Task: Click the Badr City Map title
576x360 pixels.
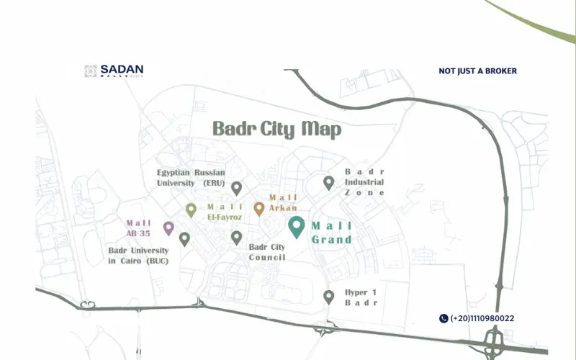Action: pyautogui.click(x=276, y=130)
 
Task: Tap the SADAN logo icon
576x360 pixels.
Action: pyautogui.click(x=91, y=71)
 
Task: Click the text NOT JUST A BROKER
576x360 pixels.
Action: pyautogui.click(x=477, y=71)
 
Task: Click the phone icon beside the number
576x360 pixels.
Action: pyautogui.click(x=444, y=318)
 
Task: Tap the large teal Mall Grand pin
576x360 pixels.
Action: pyautogui.click(x=296, y=227)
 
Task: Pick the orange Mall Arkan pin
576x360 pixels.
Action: pyautogui.click(x=259, y=209)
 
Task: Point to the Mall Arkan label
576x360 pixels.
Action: pyautogui.click(x=283, y=202)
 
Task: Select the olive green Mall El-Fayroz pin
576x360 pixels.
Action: pyautogui.click(x=191, y=210)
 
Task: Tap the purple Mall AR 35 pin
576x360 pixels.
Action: pyautogui.click(x=168, y=228)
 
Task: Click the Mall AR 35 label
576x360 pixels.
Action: pyautogui.click(x=139, y=228)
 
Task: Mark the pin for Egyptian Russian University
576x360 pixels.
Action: pyautogui.click(x=236, y=188)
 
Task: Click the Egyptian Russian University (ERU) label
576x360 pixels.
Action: pyautogui.click(x=192, y=178)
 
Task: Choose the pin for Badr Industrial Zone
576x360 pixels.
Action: pyautogui.click(x=328, y=183)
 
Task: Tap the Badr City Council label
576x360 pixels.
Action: pyautogui.click(x=267, y=252)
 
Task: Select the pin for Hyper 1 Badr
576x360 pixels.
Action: pyautogui.click(x=328, y=296)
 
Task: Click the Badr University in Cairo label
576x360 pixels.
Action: pyautogui.click(x=138, y=256)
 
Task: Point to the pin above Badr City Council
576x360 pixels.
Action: pyautogui.click(x=236, y=237)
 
